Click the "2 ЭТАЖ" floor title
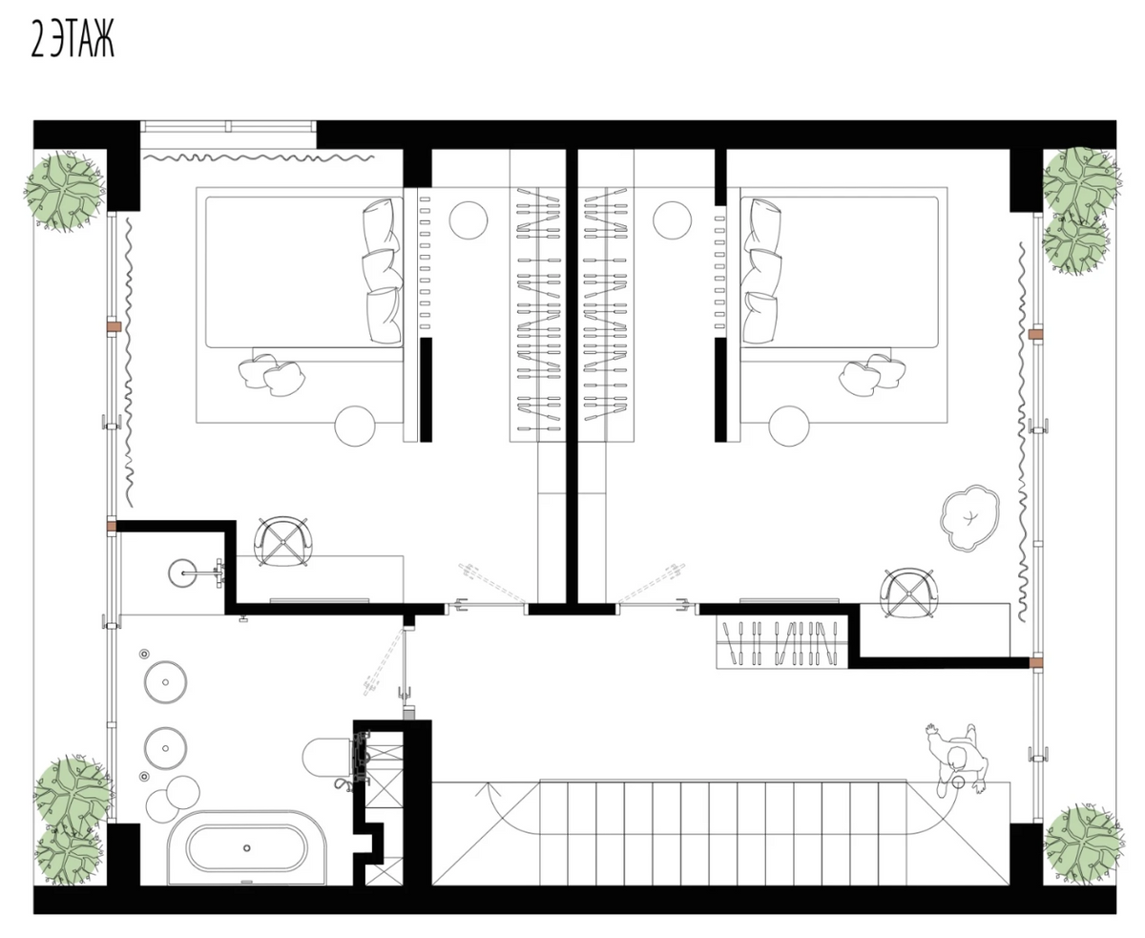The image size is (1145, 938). point(73,42)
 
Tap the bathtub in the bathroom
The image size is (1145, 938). point(247,848)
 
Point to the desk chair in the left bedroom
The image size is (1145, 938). point(282,541)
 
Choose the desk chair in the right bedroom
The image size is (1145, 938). point(908,594)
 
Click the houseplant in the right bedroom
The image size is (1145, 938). point(969,518)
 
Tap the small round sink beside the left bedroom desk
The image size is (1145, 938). point(182,573)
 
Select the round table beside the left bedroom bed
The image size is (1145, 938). point(355,427)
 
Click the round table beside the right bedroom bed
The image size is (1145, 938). point(789,427)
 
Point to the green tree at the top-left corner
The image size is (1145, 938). point(65,191)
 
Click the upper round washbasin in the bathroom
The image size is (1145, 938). point(166,682)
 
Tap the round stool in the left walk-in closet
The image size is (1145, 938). point(468,219)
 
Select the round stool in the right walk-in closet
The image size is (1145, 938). point(672,219)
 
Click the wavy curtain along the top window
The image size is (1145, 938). point(259,158)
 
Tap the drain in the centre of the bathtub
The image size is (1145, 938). point(247,848)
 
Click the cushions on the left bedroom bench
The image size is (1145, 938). point(271,373)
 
